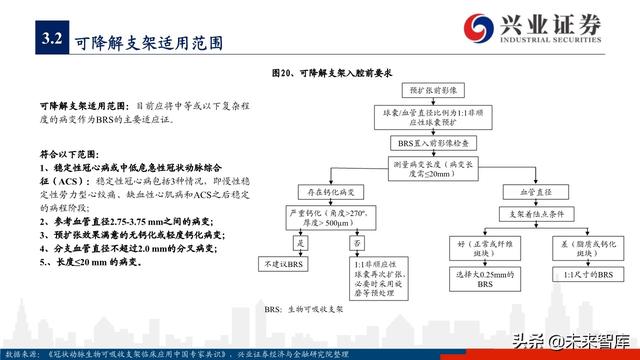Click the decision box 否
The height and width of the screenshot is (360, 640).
(359, 243)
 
